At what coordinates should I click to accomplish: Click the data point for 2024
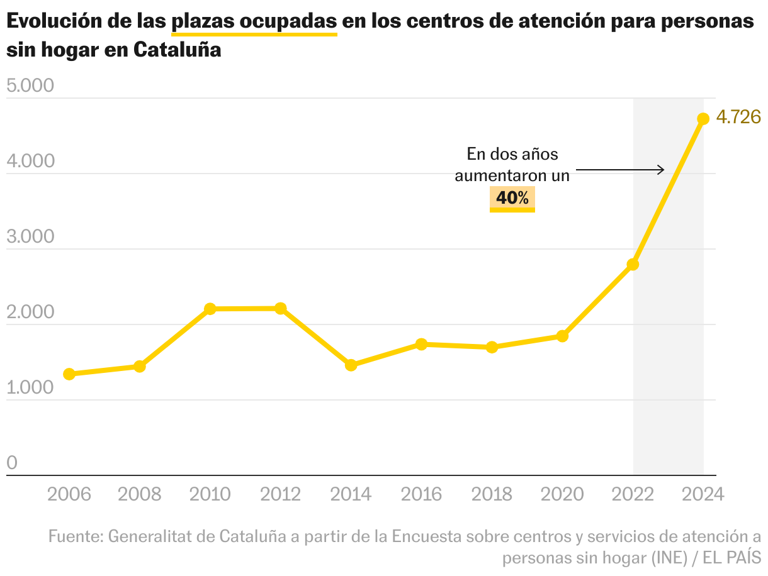[703, 119]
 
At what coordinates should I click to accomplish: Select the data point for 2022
[633, 264]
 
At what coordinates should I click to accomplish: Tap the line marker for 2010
[210, 309]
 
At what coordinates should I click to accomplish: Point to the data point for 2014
[351, 365]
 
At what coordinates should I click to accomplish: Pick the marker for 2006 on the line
[69, 374]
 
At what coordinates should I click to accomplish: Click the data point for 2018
[492, 347]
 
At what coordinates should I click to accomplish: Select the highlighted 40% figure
[512, 198]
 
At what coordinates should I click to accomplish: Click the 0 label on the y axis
[12, 463]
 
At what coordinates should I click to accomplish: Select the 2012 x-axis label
[281, 494]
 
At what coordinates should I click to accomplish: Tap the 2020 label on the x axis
[563, 494]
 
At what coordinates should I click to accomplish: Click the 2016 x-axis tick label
[422, 494]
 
